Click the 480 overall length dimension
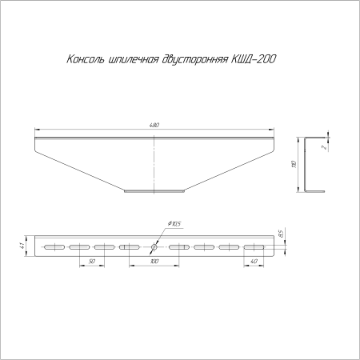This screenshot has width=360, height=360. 154,126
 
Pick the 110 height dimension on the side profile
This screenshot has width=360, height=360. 294,164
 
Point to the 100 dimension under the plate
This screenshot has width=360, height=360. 154,262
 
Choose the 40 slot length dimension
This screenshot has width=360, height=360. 254,262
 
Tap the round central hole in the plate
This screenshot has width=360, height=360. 154,246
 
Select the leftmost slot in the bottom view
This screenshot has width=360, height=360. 54,246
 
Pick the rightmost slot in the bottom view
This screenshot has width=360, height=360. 254,246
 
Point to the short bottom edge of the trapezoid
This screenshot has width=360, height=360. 154,190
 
